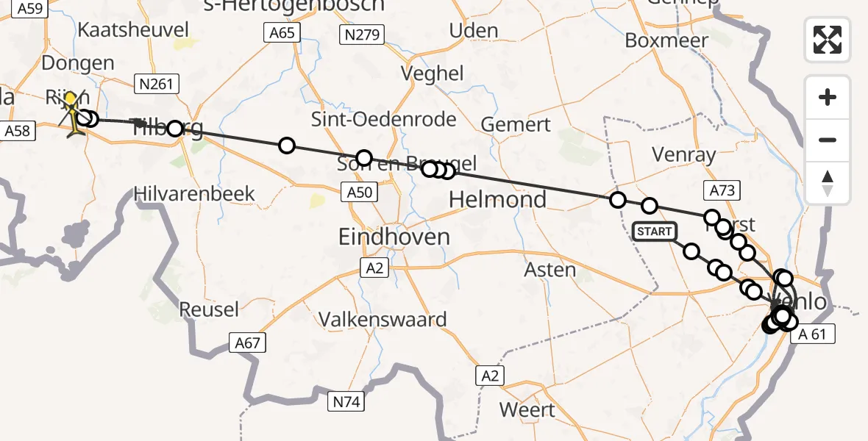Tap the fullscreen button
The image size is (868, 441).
(828, 39)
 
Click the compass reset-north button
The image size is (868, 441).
(828, 183)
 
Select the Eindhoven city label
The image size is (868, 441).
(394, 237)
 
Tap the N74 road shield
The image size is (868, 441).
(345, 401)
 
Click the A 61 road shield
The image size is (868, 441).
(812, 334)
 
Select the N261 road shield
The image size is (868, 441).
(155, 84)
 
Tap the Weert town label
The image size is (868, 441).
(527, 409)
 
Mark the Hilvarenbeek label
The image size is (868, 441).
(194, 194)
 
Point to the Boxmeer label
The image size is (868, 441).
(666, 40)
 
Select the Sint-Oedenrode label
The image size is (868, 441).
(383, 119)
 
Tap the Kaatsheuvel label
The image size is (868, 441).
(133, 30)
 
